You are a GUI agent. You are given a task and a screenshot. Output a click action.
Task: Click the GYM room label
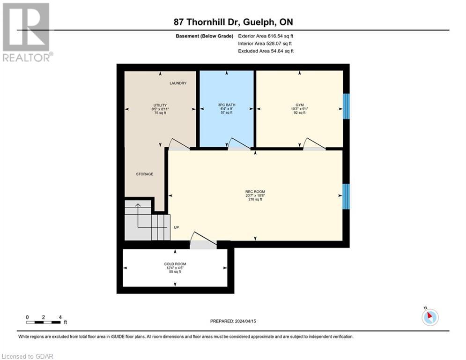[x=300, y=105]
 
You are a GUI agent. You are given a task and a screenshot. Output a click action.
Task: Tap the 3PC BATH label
[x=227, y=105]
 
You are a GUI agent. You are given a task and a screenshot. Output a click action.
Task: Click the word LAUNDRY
[x=178, y=83]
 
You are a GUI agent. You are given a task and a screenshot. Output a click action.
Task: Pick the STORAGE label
[x=145, y=174]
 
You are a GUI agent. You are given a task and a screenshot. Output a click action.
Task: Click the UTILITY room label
[x=160, y=105]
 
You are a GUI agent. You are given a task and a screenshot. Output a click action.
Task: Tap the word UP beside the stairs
[x=177, y=228]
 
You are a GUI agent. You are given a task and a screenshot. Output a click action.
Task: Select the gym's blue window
[x=346, y=106]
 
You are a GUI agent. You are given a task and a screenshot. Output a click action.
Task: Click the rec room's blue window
[x=346, y=196]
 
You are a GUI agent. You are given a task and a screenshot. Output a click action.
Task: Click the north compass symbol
[x=429, y=316]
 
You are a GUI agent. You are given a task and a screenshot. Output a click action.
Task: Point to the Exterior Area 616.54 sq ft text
[x=266, y=36]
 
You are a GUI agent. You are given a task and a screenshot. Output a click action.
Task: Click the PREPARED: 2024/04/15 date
[x=233, y=321]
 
